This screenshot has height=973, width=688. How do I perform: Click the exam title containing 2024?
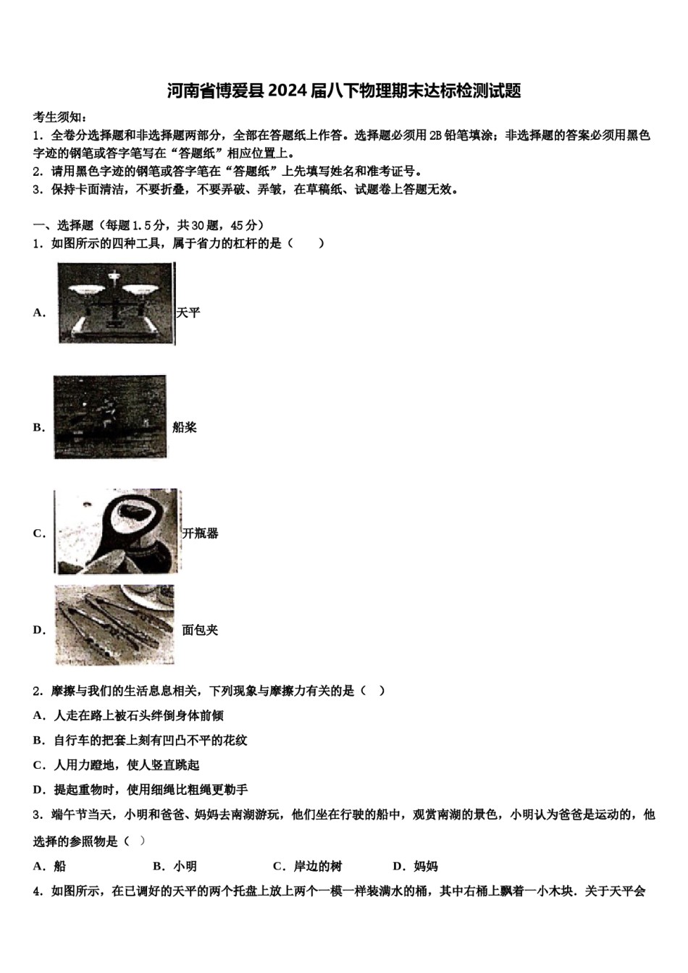344,91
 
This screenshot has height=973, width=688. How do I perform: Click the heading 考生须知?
61,117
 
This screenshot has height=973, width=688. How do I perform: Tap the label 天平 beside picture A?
188,313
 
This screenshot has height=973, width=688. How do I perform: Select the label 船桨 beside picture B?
185,427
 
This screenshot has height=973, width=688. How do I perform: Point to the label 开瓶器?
201,534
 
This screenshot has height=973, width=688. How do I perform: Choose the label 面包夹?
200,630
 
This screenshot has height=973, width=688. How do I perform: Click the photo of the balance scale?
116,303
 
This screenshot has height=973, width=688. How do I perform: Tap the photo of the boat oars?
110,417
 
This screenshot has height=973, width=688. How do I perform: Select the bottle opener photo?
117,532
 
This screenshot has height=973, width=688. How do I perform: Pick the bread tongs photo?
115,625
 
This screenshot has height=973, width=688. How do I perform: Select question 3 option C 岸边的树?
308,866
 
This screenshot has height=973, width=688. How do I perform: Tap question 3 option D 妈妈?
416,866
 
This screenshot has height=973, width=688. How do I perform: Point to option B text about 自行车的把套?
149,740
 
